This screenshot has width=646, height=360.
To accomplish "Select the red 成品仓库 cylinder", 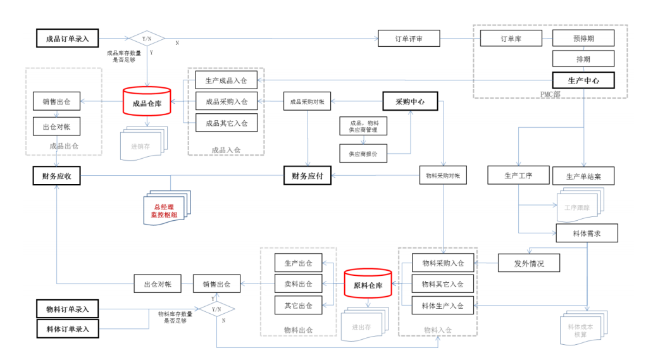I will tap(146, 102).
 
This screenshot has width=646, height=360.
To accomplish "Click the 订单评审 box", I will tap(408, 39).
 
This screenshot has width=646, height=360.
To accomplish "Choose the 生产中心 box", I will tap(583, 81).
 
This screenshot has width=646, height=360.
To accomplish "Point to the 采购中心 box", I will tap(409, 101).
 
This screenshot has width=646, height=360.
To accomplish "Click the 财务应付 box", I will tap(307, 176).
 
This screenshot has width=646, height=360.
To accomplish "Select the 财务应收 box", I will tap(57, 176).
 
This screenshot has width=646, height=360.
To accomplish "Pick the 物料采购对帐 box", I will tap(443, 175).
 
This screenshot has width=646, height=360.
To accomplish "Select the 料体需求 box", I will tap(586, 233).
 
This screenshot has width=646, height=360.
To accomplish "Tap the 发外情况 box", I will tap(529, 263).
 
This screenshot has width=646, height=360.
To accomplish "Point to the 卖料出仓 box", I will tap(298, 284).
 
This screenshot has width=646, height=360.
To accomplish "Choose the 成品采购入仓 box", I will tap(227, 101).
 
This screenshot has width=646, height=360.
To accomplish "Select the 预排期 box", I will tap(583, 38).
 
